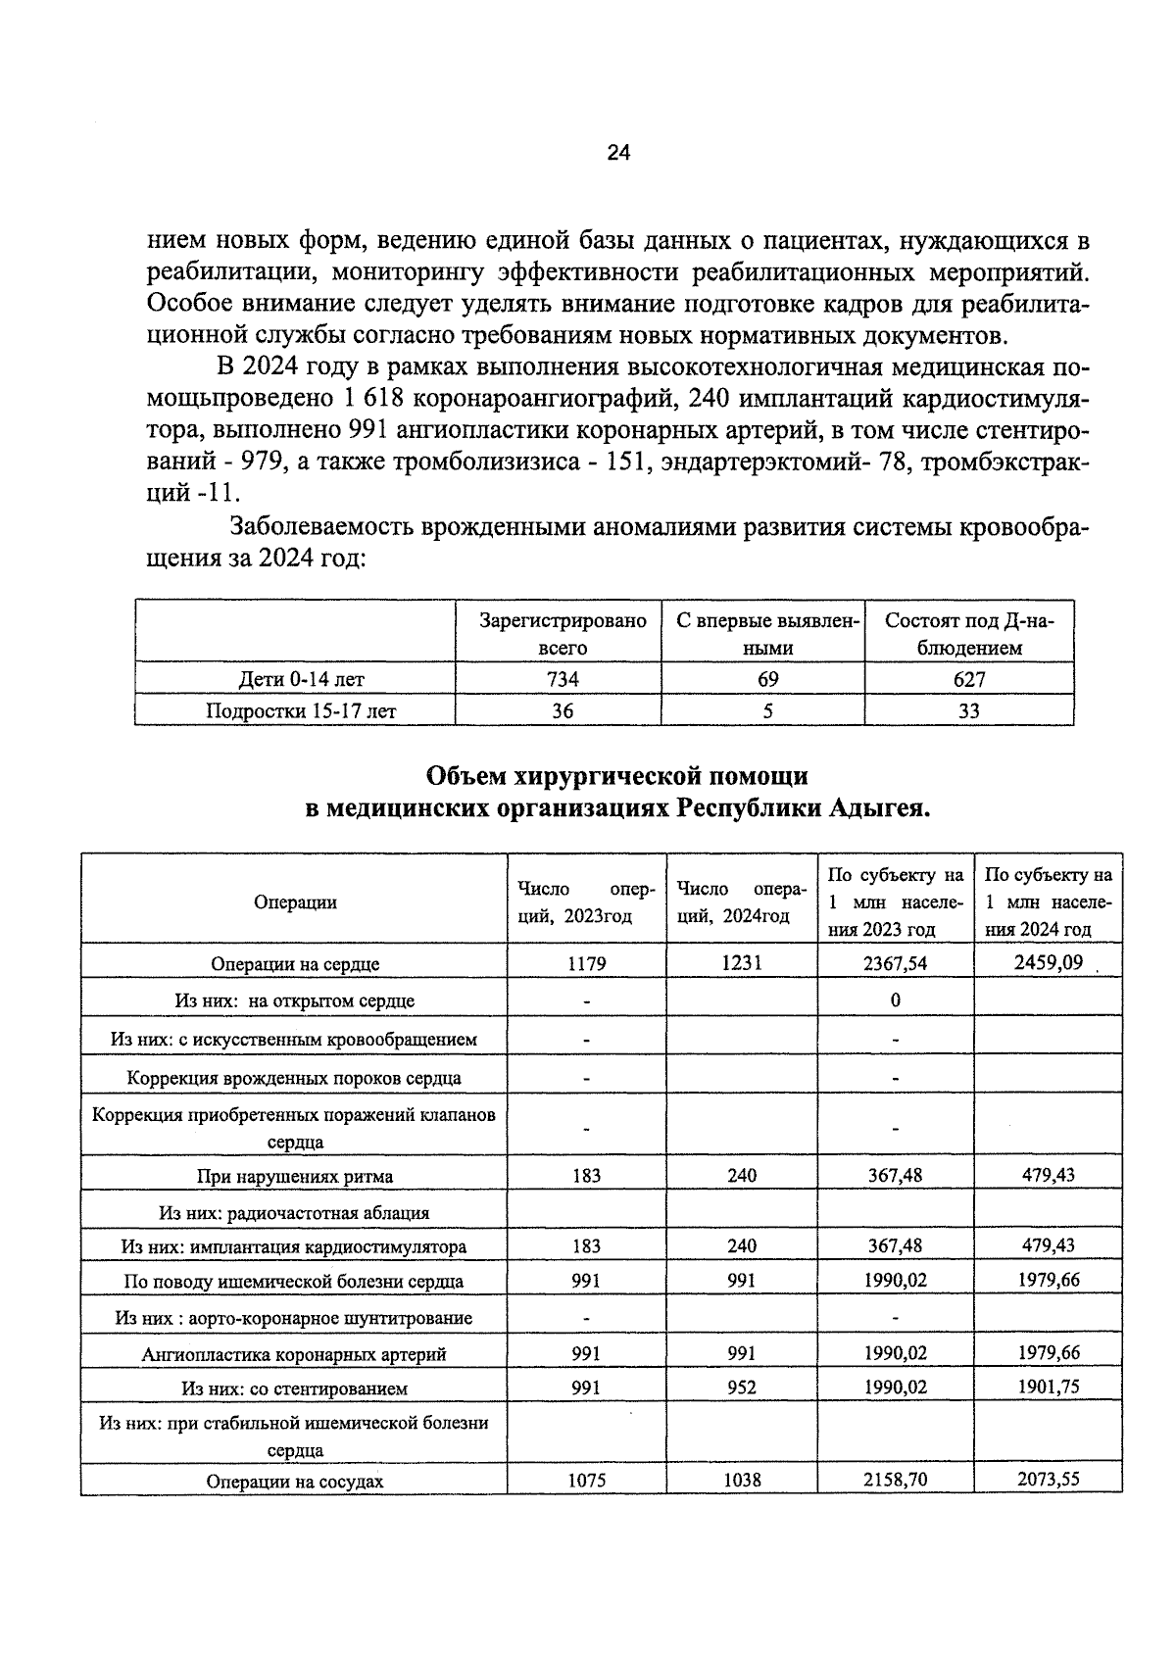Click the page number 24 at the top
click(618, 152)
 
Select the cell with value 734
click(562, 679)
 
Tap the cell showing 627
click(969, 679)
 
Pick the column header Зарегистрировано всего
click(563, 634)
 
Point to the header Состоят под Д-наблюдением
click(967, 634)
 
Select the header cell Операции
click(295, 902)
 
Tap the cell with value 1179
click(587, 963)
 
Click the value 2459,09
click(1049, 962)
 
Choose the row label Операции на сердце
click(295, 964)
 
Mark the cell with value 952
click(742, 1388)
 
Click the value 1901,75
click(1049, 1388)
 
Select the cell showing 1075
click(587, 1481)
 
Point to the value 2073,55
click(1049, 1480)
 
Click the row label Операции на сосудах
click(295, 1482)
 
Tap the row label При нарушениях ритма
click(295, 1176)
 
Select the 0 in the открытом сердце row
click(895, 1000)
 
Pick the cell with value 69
click(767, 679)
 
